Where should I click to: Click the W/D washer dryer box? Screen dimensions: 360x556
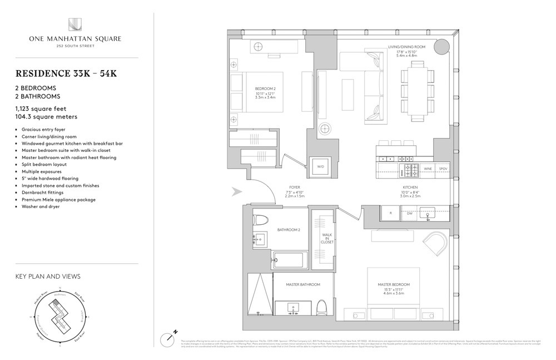click(x=320, y=166)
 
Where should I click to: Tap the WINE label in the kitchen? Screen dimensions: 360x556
click(x=428, y=167)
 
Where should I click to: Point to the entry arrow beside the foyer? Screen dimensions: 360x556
click(x=237, y=193)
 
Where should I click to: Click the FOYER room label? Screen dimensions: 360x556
click(x=295, y=188)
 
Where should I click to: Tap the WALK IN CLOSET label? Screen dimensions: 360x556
click(x=327, y=239)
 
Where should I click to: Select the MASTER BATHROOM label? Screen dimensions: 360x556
click(x=303, y=284)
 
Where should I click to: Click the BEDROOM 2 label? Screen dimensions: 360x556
click(x=264, y=88)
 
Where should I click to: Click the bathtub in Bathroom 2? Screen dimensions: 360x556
click(x=290, y=258)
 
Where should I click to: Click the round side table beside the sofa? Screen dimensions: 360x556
click(x=326, y=129)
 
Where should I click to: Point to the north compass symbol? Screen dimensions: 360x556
click(x=170, y=337)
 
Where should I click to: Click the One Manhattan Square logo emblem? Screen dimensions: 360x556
click(x=75, y=24)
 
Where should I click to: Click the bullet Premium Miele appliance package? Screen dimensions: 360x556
click(x=59, y=199)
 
